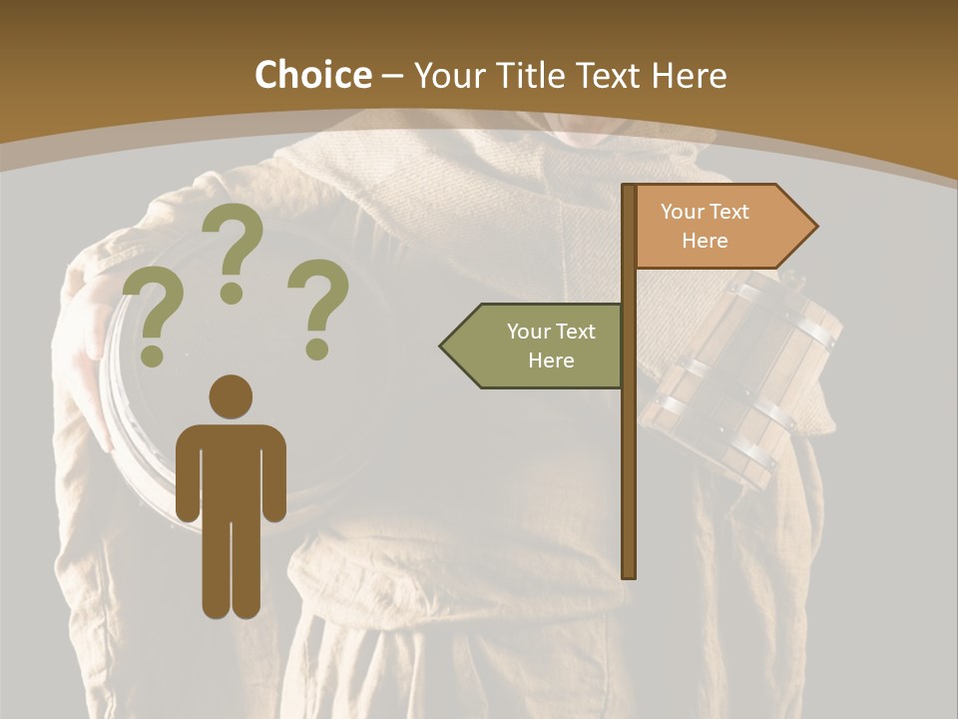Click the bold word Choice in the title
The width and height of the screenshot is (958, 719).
pyautogui.click(x=312, y=75)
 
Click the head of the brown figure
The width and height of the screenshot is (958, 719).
pyautogui.click(x=231, y=396)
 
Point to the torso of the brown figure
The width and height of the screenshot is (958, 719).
pyautogui.click(x=231, y=469)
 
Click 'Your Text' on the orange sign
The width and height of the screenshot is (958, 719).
pyautogui.click(x=705, y=212)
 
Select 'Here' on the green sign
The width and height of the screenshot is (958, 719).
pyautogui.click(x=551, y=360)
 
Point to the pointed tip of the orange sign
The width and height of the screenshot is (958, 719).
pyautogui.click(x=814, y=227)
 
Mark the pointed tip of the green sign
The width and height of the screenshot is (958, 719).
pyautogui.click(x=443, y=346)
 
